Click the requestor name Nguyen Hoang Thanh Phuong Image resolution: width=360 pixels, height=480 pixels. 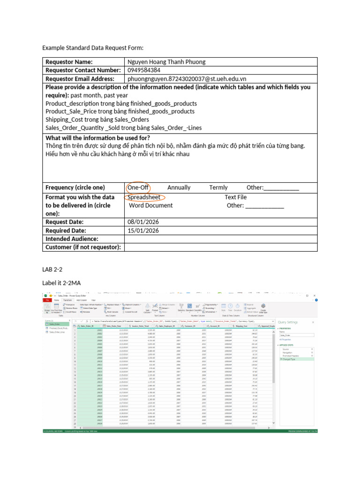166,62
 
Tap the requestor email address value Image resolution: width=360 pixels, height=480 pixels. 187,79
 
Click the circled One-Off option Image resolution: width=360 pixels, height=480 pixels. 138,187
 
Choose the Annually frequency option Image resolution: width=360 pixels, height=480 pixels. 179,187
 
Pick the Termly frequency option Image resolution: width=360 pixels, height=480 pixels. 218,187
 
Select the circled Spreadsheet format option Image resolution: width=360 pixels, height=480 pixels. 144,197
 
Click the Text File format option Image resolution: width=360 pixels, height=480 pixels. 235,197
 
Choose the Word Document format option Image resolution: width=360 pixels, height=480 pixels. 150,205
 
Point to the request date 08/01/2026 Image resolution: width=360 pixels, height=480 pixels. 143,222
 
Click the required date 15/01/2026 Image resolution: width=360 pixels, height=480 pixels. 143,231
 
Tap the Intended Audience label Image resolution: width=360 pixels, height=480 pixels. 72,239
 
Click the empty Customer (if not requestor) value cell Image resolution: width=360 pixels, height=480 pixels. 221,247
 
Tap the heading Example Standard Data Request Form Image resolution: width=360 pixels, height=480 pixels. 92,48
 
